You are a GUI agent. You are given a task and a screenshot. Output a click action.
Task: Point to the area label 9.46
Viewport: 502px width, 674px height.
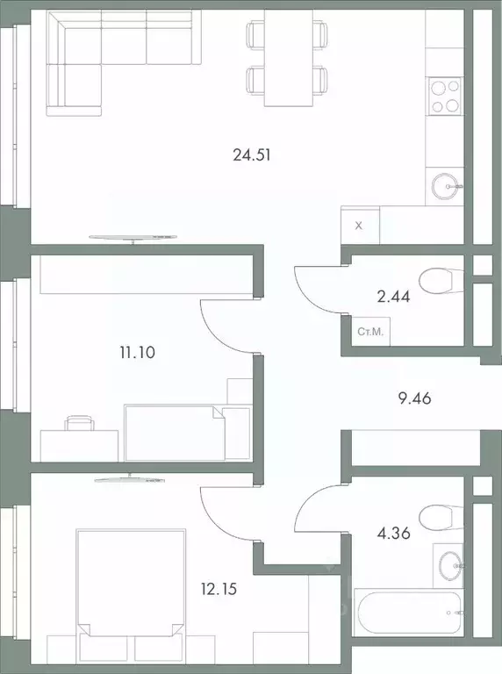pyautogui.click(x=413, y=398)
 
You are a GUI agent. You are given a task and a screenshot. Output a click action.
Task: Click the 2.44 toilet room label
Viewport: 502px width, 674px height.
pyautogui.click(x=392, y=296)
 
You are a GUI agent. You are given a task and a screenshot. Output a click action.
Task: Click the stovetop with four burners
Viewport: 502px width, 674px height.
pyautogui.click(x=444, y=96)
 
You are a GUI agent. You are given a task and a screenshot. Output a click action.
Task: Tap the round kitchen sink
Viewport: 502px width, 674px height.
pyautogui.click(x=448, y=185)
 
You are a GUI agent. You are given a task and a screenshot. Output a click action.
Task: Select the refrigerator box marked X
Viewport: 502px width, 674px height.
pyautogui.click(x=358, y=225)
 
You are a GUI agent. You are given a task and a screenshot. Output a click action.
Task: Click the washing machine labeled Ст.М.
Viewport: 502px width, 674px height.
pyautogui.click(x=369, y=332)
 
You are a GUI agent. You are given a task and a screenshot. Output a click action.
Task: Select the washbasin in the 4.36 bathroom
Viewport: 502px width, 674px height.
pyautogui.click(x=449, y=563)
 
